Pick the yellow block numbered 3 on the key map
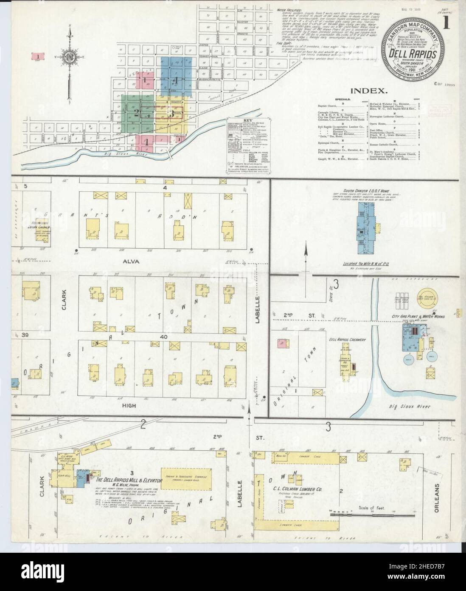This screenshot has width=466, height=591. tap(171, 113)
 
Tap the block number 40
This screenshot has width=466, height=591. tap(164, 337)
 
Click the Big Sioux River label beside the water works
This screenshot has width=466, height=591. tap(410, 406)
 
